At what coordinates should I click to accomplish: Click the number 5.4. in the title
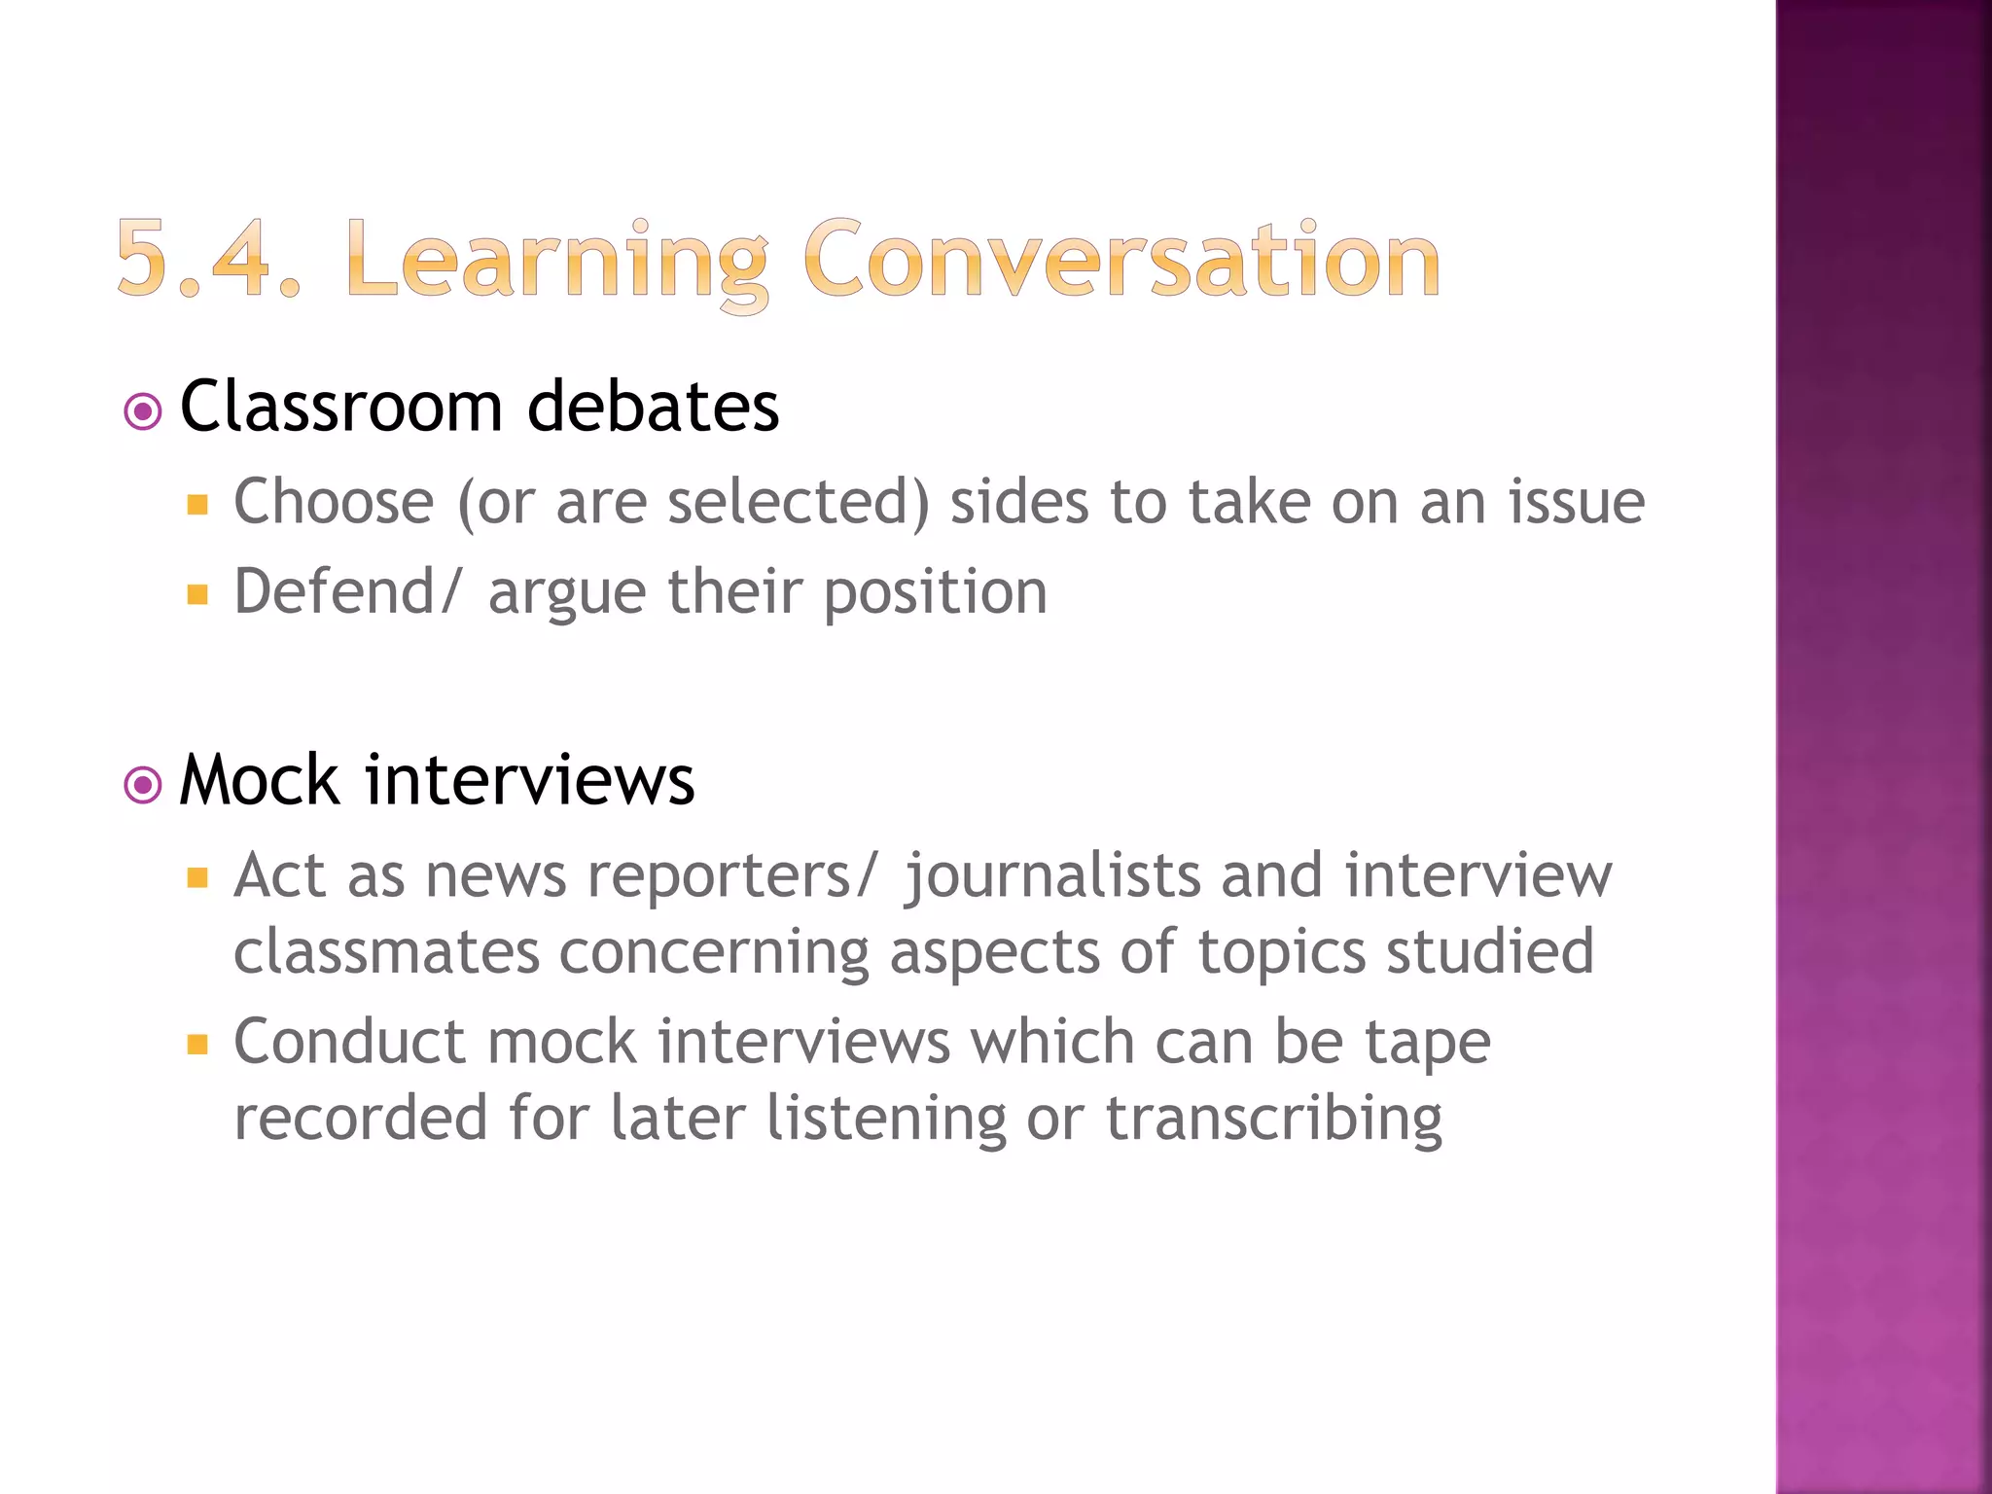pos(207,259)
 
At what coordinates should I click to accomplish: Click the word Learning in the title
pos(556,261)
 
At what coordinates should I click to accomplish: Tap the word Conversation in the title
pos(1120,259)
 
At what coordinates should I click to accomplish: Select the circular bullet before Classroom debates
pos(143,411)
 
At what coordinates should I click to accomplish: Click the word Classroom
pos(340,406)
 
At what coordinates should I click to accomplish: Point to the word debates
pos(653,406)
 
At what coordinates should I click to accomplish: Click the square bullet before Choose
pos(197,505)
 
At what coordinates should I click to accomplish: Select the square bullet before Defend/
pos(197,594)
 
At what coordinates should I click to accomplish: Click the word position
pos(935,593)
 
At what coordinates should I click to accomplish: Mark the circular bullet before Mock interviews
pos(143,785)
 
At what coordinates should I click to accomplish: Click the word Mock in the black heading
pos(260,780)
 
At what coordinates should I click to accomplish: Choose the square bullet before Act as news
pos(197,879)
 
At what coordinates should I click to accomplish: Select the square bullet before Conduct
pos(197,1046)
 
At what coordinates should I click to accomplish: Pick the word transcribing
pos(1274,1119)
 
